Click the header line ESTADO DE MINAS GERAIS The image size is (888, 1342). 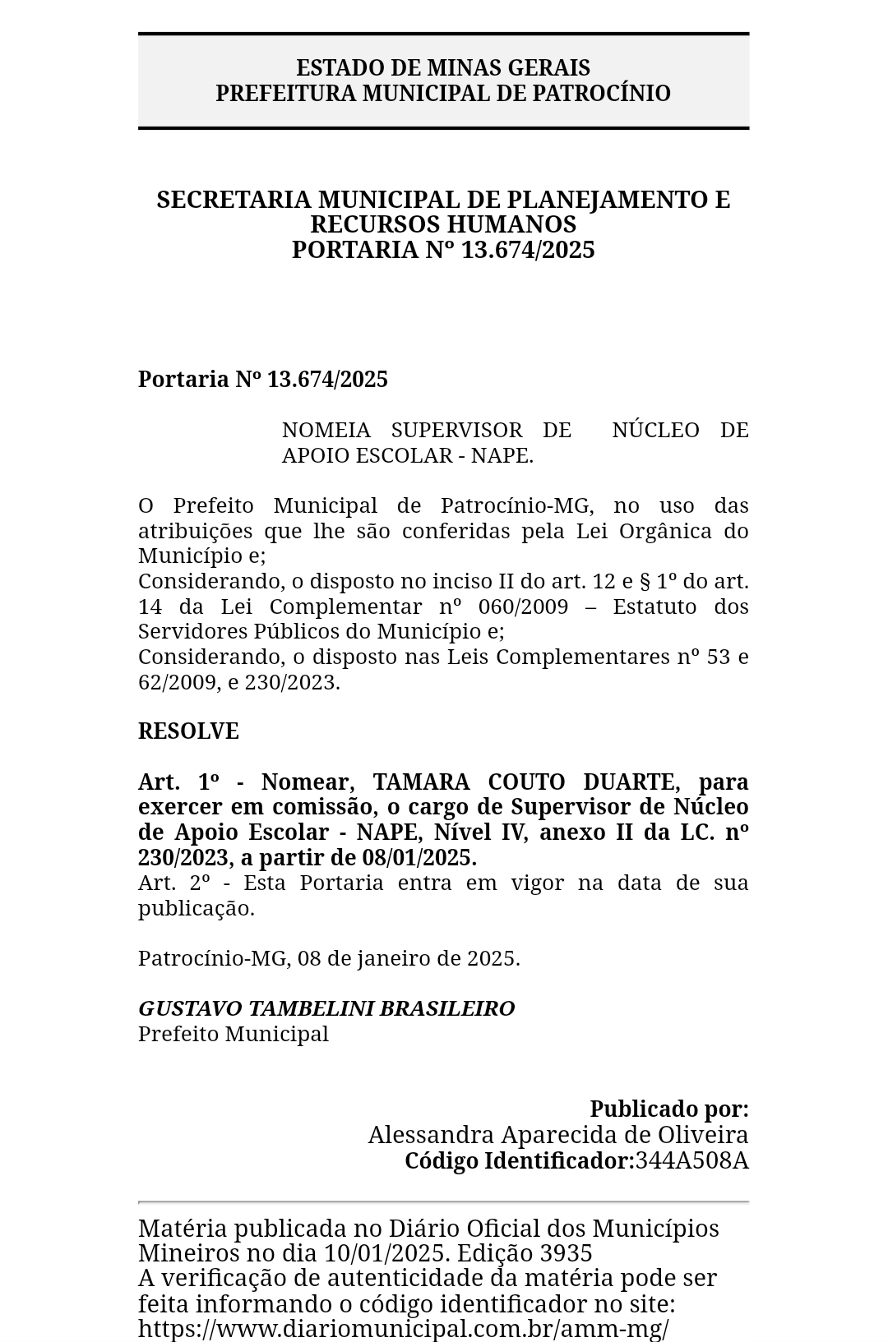tap(443, 67)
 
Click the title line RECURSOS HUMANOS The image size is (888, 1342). tap(443, 224)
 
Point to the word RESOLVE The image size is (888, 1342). tap(188, 731)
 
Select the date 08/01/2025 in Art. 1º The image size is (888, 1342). tap(419, 858)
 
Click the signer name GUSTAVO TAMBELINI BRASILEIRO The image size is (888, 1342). tap(326, 1008)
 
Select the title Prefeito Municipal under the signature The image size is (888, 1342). tap(234, 1034)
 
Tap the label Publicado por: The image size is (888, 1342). tap(669, 1109)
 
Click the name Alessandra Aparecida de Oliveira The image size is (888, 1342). tap(558, 1135)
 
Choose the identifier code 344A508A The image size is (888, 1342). tap(691, 1160)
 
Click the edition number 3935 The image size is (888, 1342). tap(567, 1253)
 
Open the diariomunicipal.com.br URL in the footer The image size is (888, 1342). tap(403, 1329)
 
